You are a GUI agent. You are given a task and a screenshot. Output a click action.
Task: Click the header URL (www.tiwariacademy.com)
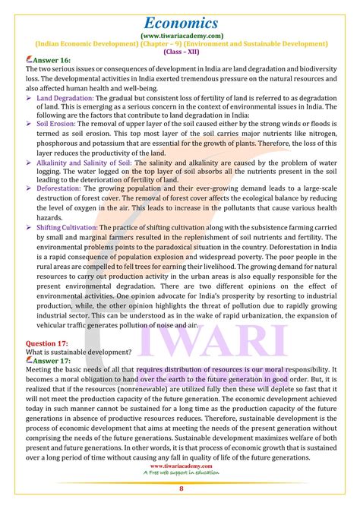(180, 35)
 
